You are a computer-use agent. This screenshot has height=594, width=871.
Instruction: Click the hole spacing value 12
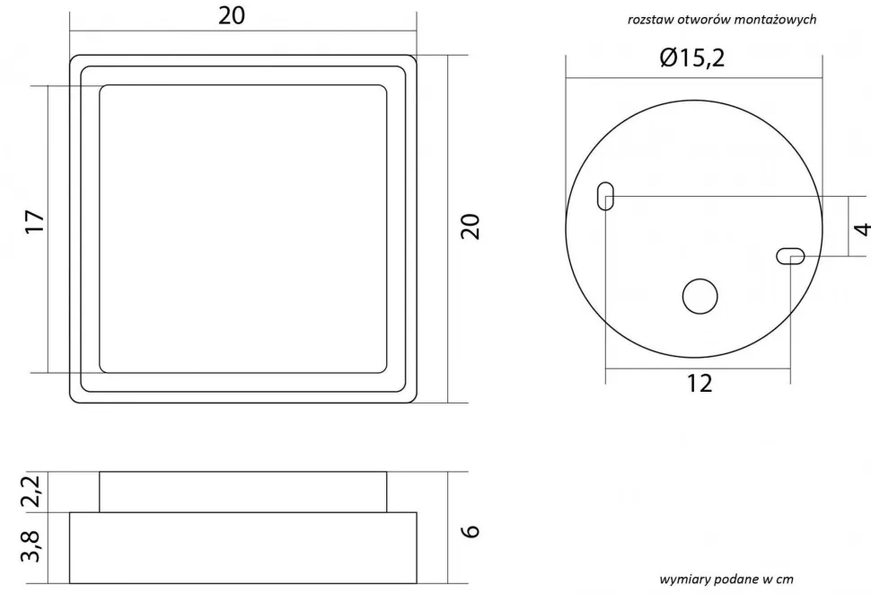point(699,384)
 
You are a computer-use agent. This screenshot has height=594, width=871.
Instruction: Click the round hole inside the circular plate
point(699,297)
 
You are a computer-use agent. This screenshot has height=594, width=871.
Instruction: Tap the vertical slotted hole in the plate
point(606,196)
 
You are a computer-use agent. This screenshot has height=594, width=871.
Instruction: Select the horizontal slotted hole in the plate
point(790,257)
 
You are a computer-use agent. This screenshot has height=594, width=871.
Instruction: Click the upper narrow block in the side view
point(242,492)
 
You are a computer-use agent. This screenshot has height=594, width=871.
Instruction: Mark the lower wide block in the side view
point(242,547)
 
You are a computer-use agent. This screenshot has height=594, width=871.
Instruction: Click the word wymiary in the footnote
point(685,579)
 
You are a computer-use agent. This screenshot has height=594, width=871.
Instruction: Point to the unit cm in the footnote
point(784,579)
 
